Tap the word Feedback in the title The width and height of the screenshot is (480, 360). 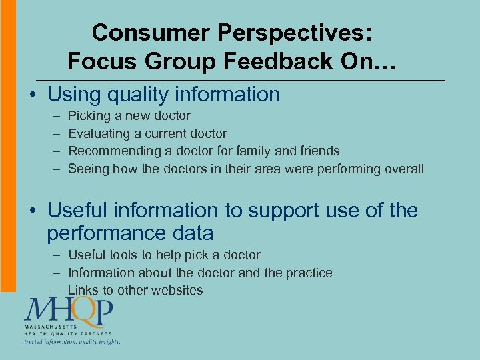[x=273, y=61]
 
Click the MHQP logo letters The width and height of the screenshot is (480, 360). [x=68, y=311]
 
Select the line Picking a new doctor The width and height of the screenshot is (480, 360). [x=129, y=116]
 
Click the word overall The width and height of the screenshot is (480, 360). [x=404, y=169]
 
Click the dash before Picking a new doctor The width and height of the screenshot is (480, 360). [x=53, y=116]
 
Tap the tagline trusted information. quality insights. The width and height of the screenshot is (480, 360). [x=72, y=342]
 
